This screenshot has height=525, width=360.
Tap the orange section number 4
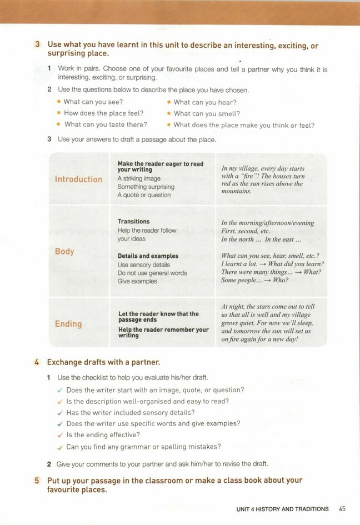[37, 362]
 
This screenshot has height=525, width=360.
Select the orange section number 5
[37, 481]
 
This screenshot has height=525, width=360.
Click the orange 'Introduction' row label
[78, 179]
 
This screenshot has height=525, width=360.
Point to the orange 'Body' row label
[64, 251]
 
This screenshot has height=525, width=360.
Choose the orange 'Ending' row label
[68, 324]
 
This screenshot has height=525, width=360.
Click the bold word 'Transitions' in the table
[133, 221]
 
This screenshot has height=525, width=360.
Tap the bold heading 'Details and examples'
[148, 256]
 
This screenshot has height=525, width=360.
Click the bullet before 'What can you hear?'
[169, 102]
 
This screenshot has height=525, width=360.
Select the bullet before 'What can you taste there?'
[59, 124]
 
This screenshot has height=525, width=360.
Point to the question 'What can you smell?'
[204, 113]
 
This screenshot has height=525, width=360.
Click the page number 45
[342, 509]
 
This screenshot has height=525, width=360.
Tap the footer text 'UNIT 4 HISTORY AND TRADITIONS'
[282, 509]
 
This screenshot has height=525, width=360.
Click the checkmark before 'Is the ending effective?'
[59, 435]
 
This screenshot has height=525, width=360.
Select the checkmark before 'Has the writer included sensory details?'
[59, 412]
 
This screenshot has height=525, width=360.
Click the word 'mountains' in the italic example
[236, 191]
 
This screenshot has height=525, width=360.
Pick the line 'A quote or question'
[144, 195]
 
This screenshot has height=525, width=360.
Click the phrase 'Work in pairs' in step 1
[77, 69]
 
